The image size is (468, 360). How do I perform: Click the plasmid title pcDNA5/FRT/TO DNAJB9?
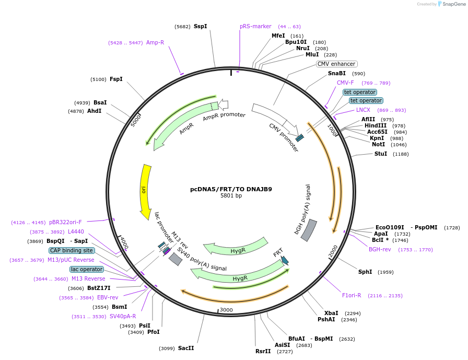click(231, 189)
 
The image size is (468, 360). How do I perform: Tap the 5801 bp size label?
click(231, 196)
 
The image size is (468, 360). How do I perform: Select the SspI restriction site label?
click(200, 26)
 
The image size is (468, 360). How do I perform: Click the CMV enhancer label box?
click(336, 64)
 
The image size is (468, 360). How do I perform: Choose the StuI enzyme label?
click(381, 154)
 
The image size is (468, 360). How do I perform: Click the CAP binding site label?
click(72, 250)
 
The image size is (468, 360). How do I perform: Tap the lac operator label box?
click(87, 269)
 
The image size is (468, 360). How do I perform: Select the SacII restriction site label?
click(185, 348)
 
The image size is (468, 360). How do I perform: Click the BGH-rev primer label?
click(380, 249)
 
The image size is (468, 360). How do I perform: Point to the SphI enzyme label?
click(365, 272)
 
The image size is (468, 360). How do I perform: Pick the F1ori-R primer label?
click(352, 295)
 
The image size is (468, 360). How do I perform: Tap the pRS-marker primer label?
click(255, 26)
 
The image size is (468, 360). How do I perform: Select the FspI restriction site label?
click(116, 79)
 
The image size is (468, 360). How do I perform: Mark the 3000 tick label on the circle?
click(226, 310)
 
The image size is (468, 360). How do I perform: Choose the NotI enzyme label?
click(379, 144)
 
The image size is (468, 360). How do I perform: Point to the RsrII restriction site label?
click(263, 351)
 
